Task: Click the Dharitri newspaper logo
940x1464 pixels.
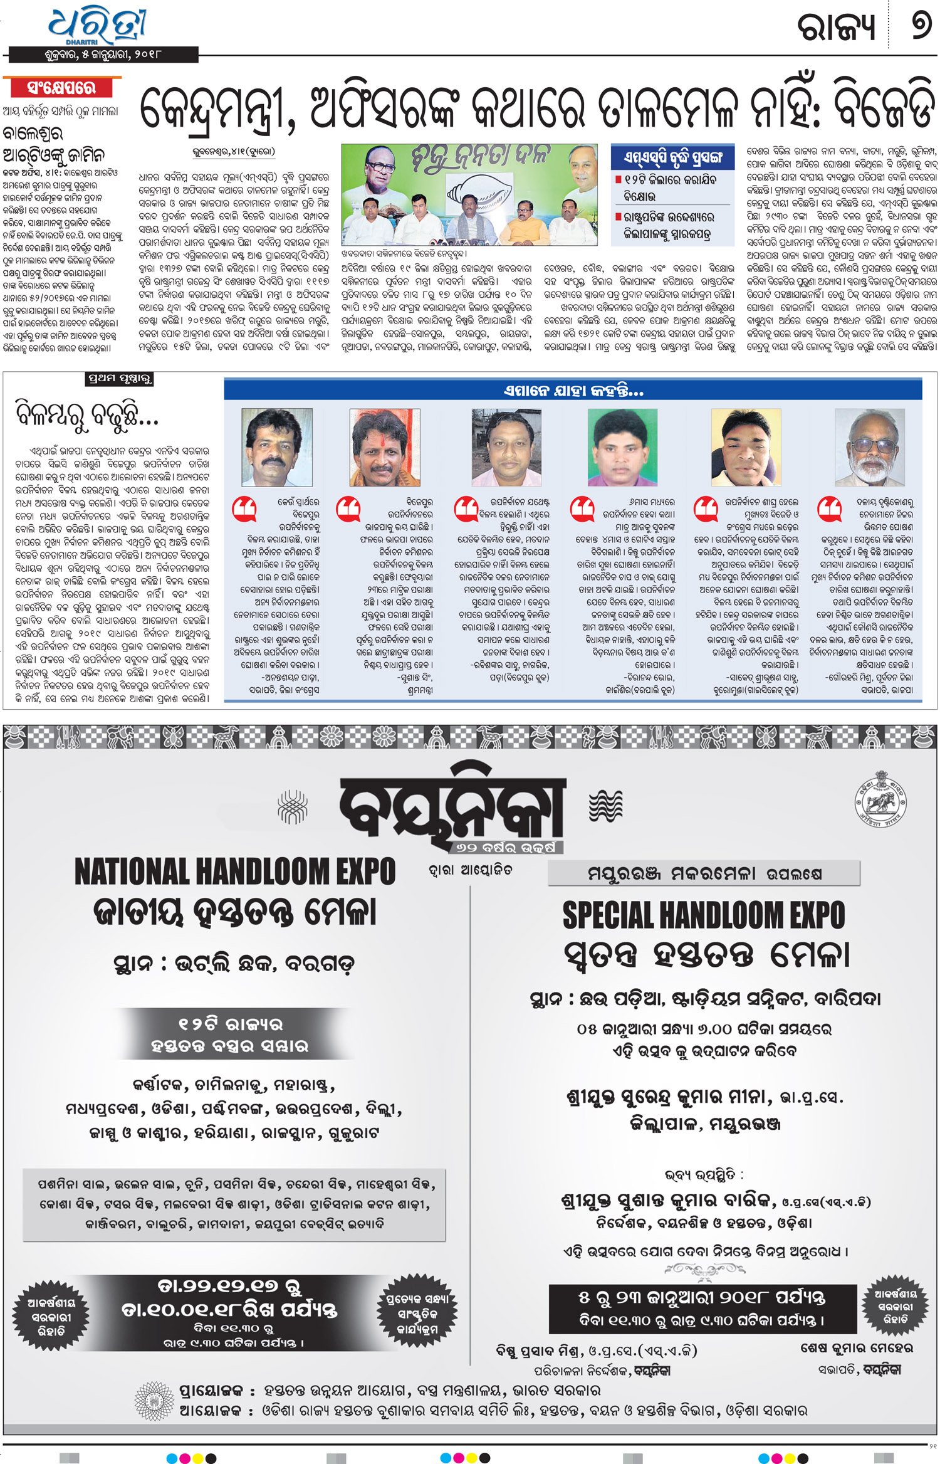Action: [x=97, y=26]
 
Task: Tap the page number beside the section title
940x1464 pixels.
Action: [x=920, y=27]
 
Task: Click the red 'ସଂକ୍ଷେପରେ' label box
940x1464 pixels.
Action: [x=61, y=88]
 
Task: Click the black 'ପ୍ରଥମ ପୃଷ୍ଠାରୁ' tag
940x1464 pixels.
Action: [x=119, y=379]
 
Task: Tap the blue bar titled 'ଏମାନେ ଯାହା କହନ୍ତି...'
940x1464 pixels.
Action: [x=573, y=391]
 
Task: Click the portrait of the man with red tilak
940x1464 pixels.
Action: [x=384, y=447]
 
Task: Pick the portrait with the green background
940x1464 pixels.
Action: [x=622, y=447]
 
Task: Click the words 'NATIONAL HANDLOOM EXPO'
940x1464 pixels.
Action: [x=235, y=872]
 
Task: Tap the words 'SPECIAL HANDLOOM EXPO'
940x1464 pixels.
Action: [x=703, y=915]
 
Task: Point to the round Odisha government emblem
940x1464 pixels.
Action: [x=880, y=801]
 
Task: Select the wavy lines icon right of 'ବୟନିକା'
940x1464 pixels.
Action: [x=605, y=806]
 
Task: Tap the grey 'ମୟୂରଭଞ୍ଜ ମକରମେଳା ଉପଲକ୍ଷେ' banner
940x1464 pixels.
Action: [x=704, y=873]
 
